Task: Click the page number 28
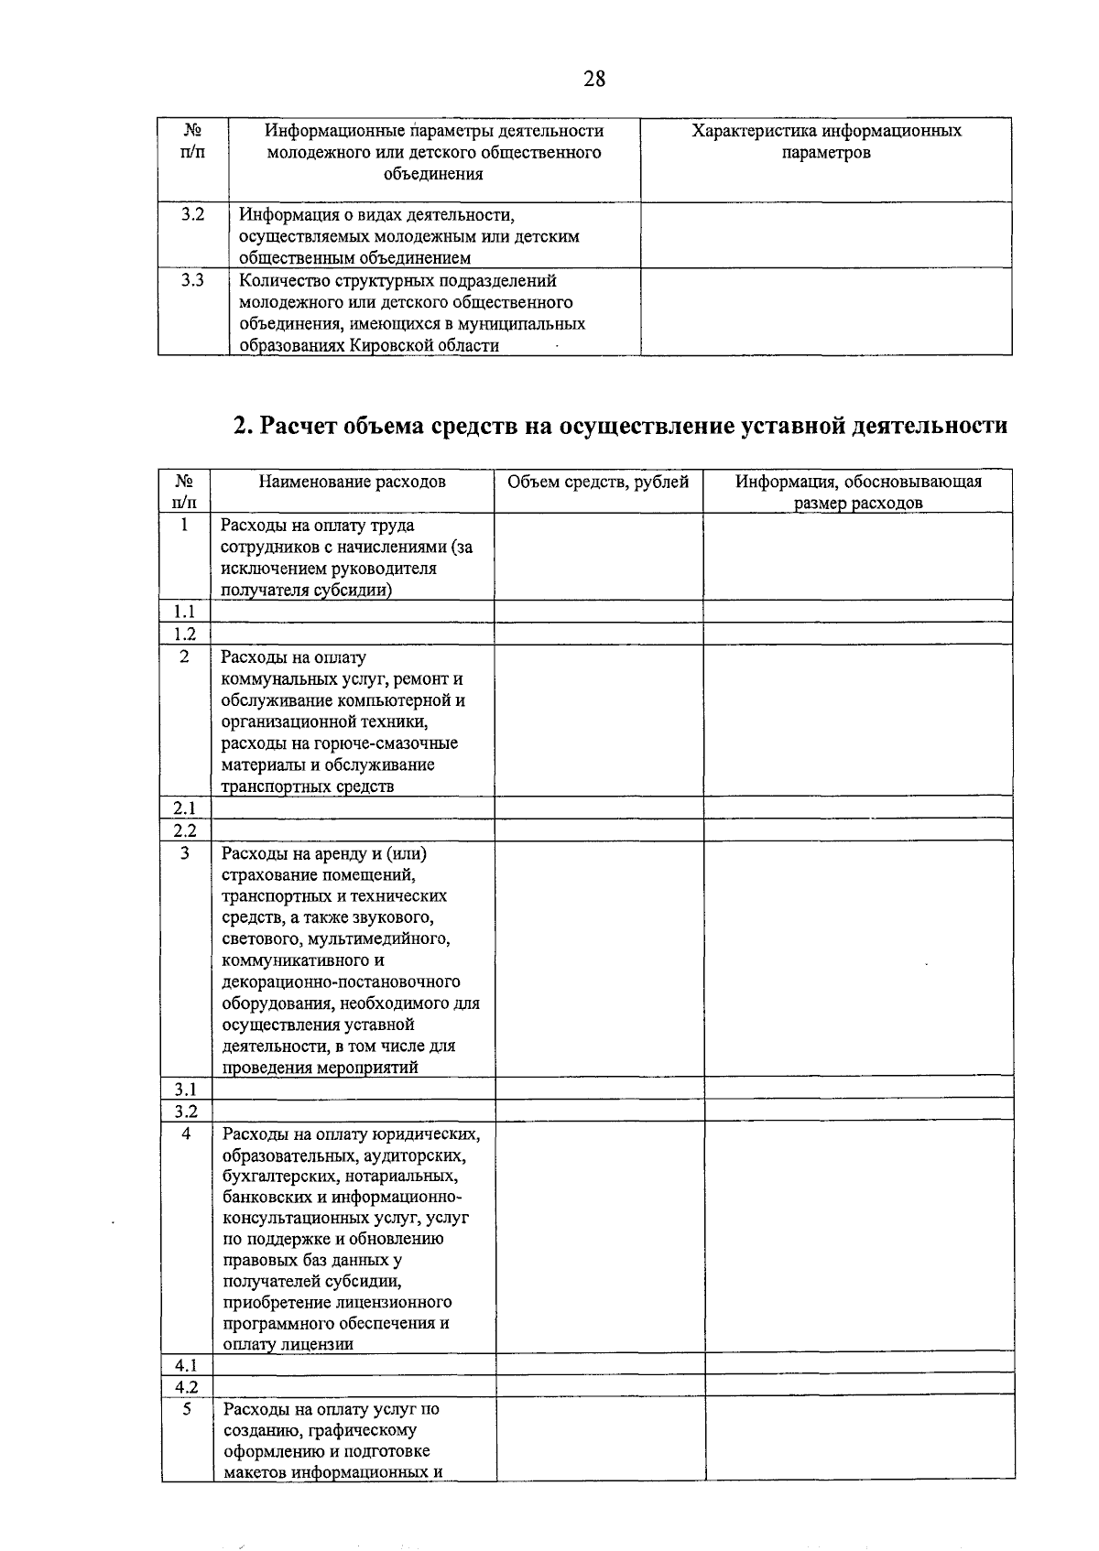[x=594, y=79]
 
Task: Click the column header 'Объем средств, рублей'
[x=598, y=482]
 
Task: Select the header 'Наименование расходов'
[x=352, y=482]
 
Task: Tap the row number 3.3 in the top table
[x=192, y=280]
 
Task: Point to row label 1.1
[x=185, y=612]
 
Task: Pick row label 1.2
[x=185, y=634]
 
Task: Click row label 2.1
[x=185, y=808]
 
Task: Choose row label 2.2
[x=185, y=830]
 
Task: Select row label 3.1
[x=186, y=1089]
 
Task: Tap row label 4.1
[x=187, y=1364]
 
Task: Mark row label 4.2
[x=187, y=1386]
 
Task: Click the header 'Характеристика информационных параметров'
[x=826, y=141]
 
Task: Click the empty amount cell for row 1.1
[x=599, y=612]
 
